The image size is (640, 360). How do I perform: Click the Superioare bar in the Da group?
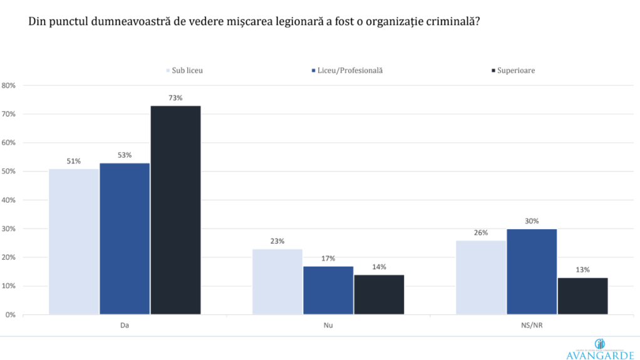(175, 210)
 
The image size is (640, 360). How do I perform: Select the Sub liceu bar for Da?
(74, 241)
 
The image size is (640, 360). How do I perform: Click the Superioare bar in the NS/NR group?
(582, 296)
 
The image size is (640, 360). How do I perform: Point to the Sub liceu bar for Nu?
(277, 281)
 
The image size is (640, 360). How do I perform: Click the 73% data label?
(175, 98)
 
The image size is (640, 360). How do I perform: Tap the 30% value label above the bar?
(532, 221)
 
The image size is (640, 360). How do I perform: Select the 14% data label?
(379, 267)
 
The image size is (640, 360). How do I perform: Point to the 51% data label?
(74, 161)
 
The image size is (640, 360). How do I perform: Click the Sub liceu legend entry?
(184, 70)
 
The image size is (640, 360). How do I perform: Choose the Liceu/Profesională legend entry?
(346, 70)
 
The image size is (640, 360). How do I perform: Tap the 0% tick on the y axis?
(11, 315)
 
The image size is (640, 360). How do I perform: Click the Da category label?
(125, 326)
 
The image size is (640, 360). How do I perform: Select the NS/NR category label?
(532, 326)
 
